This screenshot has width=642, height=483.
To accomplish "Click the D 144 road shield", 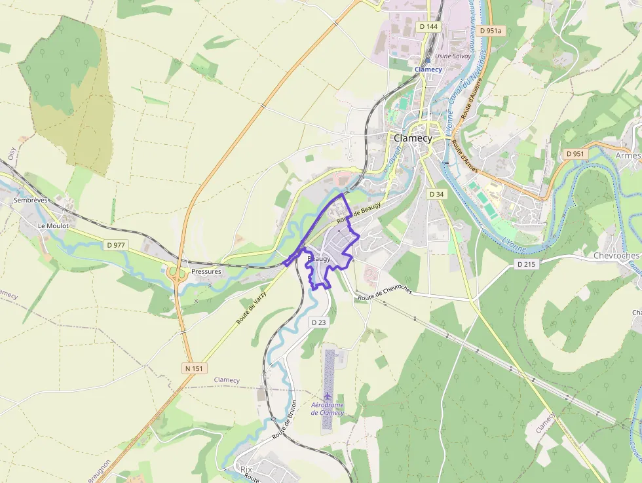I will point(428,26).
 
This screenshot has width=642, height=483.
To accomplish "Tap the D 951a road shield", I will point(490,31).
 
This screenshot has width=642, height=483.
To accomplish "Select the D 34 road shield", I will point(436,194).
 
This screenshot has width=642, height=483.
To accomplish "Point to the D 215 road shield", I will point(525,264).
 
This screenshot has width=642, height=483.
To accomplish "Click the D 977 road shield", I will point(115,245).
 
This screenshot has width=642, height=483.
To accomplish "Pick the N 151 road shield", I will point(195,368).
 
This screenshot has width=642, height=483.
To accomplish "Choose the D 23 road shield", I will point(318,322).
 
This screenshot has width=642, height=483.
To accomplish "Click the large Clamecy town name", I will point(413,138).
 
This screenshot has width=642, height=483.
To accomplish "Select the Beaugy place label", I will point(318,260).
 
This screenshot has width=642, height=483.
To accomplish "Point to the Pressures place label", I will point(206,271).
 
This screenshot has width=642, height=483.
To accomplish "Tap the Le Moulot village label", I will point(53,225).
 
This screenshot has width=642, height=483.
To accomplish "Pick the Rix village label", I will point(246,470).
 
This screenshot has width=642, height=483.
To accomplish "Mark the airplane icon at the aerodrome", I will point(328,395).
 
